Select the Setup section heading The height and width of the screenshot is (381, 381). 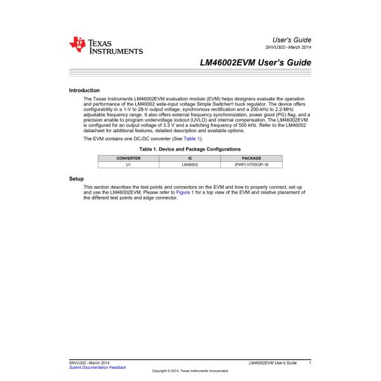76,179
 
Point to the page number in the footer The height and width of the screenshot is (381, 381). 309,363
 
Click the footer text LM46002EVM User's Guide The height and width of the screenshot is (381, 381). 273,363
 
